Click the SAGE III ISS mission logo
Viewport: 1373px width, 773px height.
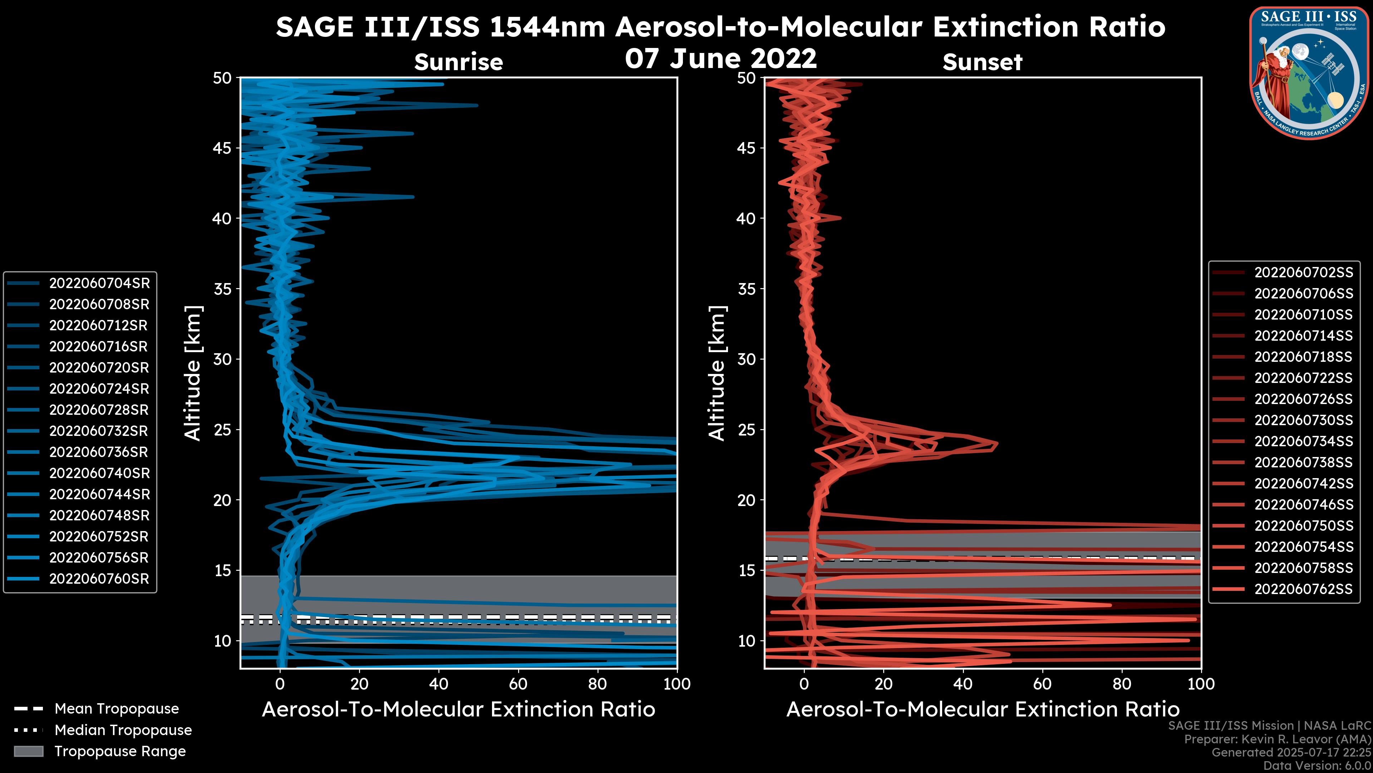click(x=1309, y=73)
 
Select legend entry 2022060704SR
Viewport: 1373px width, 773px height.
click(x=99, y=283)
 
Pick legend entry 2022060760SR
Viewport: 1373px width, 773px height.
click(x=99, y=579)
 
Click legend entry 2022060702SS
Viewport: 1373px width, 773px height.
click(x=1303, y=273)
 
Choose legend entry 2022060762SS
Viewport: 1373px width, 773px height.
click(x=1303, y=589)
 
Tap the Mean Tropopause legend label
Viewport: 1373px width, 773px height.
click(x=117, y=709)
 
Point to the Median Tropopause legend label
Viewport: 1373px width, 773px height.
click(x=123, y=730)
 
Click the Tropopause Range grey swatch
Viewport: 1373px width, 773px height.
click(x=28, y=752)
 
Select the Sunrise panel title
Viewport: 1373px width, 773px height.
click(x=458, y=62)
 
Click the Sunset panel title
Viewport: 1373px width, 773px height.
click(x=982, y=62)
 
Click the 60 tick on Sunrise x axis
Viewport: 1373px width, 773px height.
click(x=518, y=684)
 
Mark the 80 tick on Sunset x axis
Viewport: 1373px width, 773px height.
click(x=1122, y=684)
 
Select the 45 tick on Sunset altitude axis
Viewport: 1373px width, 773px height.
click(x=746, y=148)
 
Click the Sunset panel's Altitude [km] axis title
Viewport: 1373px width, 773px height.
click(x=717, y=373)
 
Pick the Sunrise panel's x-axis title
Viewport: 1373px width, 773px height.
click(x=458, y=710)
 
